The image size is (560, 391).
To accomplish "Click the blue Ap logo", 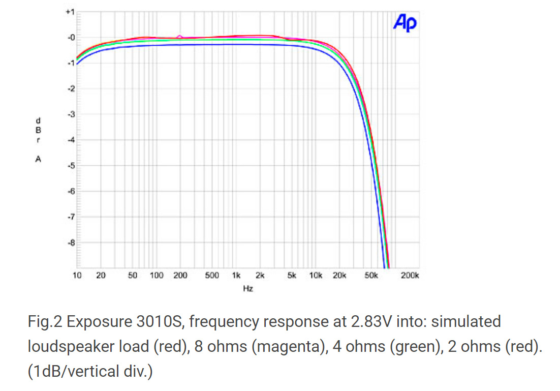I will click(x=405, y=23).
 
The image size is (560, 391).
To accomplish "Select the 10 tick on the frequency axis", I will click(x=77, y=276).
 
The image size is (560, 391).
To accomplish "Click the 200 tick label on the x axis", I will click(x=180, y=276).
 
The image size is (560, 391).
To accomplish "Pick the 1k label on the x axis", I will click(x=236, y=276).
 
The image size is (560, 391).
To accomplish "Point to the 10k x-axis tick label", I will click(x=316, y=276).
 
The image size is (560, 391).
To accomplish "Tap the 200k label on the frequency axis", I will click(x=410, y=276).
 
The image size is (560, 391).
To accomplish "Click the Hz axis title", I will click(x=248, y=288).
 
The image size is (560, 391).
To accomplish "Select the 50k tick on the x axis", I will click(x=371, y=276).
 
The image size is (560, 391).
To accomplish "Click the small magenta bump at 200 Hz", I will click(x=180, y=36).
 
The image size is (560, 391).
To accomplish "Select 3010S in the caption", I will click(x=160, y=322).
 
